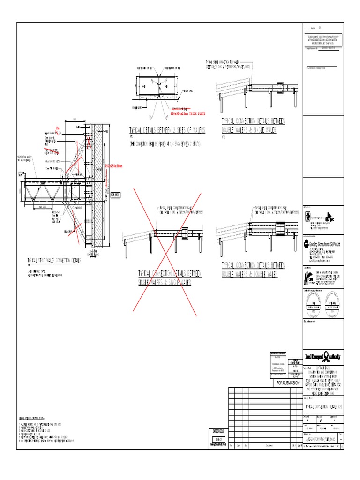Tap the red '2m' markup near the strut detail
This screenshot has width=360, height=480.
58,127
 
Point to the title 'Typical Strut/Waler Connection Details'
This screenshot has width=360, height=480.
54,260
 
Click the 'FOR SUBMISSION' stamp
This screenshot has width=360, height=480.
287,383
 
